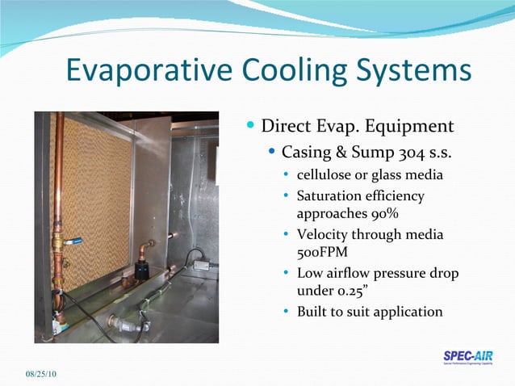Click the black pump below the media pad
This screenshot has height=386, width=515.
142,269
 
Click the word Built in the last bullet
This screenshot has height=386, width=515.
312,311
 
